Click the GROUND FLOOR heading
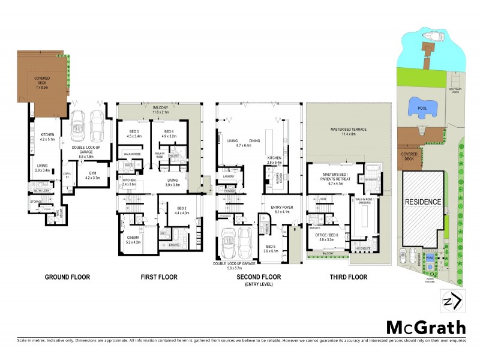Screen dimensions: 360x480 point(68,277)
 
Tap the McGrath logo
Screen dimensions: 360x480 point(425,327)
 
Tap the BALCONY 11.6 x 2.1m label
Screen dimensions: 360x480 point(161,109)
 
